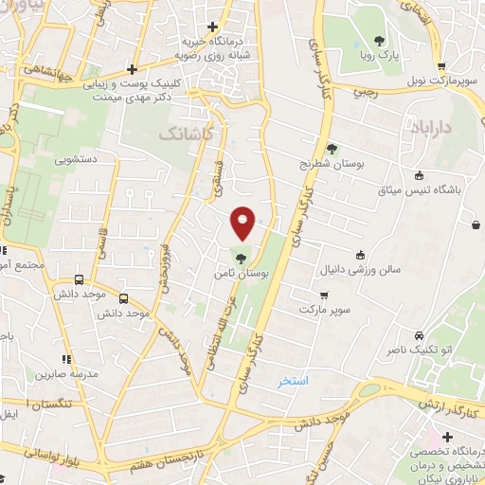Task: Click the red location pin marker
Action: (243, 223)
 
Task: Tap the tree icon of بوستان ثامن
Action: (242, 257)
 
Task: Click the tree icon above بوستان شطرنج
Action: (332, 148)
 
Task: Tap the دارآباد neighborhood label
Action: (437, 126)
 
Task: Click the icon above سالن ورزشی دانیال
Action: (360, 254)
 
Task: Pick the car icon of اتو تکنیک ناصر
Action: (418, 336)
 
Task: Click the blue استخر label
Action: (294, 381)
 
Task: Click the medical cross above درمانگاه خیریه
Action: (213, 27)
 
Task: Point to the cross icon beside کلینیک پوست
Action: (133, 69)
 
